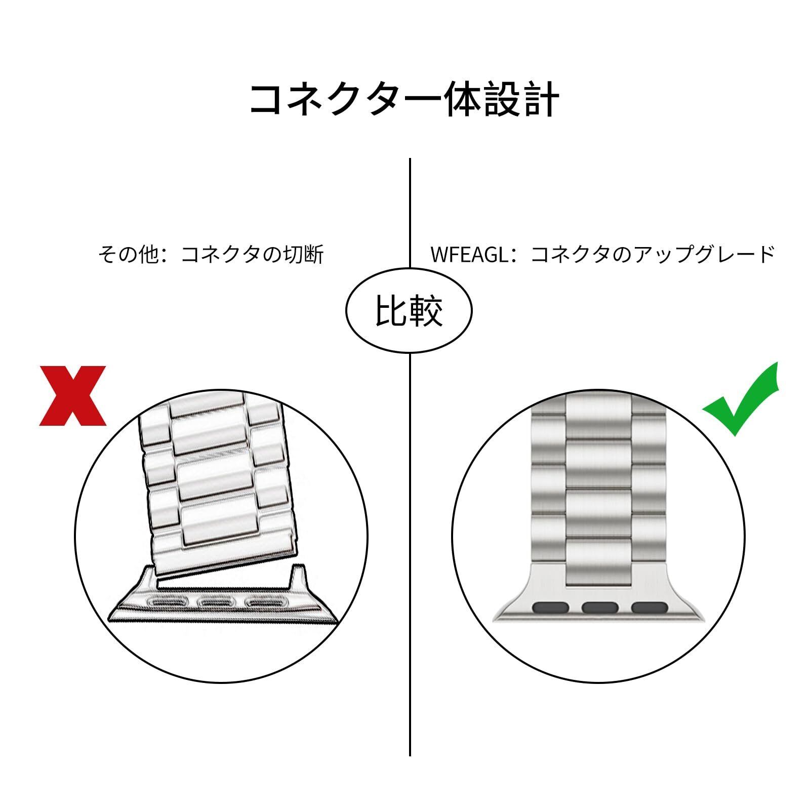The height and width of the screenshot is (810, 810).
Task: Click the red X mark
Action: click(73, 395)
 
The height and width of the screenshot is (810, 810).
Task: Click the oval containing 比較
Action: click(409, 310)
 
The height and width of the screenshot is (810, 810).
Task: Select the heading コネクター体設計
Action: click(404, 98)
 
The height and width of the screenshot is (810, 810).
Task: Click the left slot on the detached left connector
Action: click(167, 602)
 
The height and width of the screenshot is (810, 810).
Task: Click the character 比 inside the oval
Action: click(391, 310)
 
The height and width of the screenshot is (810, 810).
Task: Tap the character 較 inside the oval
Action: click(426, 310)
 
